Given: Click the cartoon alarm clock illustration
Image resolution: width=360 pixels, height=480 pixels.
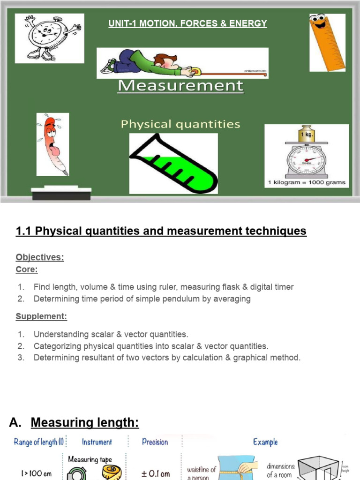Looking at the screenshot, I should point(49,38).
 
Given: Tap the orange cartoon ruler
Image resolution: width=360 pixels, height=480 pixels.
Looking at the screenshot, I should point(327,42).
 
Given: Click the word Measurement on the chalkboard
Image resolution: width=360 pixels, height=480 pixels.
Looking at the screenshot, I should point(180,86).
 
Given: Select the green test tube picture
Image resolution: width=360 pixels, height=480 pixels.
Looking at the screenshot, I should point(173,164).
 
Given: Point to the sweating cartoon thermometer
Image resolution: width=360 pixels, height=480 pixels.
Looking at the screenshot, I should point(52,144).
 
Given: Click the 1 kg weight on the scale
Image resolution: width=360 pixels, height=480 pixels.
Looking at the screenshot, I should point(307,134).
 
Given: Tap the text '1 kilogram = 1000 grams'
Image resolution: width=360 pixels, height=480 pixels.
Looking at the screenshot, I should point(307,182).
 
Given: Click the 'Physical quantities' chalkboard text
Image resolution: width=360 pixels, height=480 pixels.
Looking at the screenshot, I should point(180,124).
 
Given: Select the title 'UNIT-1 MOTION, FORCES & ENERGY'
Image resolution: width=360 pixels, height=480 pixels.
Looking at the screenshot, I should point(187,23).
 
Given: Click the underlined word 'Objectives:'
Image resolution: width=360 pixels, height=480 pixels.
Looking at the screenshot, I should point(40,257).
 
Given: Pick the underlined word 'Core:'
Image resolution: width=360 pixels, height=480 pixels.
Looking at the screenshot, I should point(27,270).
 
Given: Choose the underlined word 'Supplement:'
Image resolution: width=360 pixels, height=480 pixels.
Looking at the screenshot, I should point(41,316).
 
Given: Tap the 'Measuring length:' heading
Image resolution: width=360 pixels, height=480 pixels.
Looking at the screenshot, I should point(85,423).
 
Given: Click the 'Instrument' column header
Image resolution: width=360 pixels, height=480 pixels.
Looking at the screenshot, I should point(97,442).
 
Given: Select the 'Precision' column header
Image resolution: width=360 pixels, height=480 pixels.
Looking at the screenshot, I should point(155,442).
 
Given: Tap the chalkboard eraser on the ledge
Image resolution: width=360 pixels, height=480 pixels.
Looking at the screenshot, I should point(61,193).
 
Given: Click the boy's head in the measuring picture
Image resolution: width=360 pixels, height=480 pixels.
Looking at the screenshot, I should point(166,61).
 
